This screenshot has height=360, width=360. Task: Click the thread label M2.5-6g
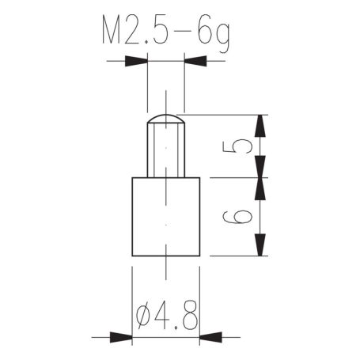click(165, 33)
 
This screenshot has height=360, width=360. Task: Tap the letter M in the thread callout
click(114, 33)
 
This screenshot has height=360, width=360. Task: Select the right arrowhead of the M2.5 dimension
click(195, 60)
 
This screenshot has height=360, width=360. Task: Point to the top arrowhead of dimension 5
click(261, 124)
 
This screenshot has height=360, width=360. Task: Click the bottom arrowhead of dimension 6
click(261, 245)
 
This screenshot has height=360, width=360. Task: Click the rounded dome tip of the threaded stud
click(165, 119)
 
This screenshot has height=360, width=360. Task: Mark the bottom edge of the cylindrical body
click(165, 255)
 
